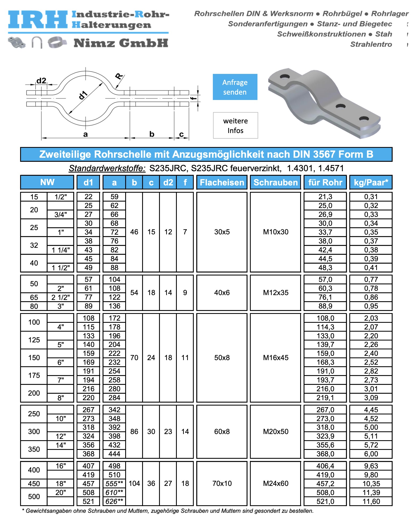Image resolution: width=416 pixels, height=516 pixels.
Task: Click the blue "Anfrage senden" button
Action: [x=235, y=87]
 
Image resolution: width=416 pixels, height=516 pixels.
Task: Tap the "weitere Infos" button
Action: [x=235, y=126]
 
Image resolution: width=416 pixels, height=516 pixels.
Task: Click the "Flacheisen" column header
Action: [x=222, y=182]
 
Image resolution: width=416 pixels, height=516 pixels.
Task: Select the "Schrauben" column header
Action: [x=275, y=182]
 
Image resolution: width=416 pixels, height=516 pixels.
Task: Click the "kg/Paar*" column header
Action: [x=371, y=182]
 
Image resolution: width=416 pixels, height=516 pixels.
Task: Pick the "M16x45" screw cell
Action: [x=275, y=358]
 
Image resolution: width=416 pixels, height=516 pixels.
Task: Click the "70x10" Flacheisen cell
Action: [x=222, y=483]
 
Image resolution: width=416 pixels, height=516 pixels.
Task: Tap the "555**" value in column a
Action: [x=114, y=484]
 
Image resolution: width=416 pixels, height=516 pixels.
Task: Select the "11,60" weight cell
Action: [x=371, y=501]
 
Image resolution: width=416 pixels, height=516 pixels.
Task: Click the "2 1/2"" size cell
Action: [x=61, y=298]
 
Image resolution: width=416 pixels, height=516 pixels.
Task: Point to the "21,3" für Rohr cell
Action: [x=325, y=197]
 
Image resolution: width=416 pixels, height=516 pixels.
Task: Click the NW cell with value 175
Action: [x=34, y=375]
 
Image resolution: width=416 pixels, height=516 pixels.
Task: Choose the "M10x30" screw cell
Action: [x=275, y=232]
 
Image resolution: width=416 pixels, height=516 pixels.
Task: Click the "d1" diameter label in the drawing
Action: [x=83, y=95]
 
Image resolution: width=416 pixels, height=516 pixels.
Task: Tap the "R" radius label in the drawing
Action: [x=119, y=76]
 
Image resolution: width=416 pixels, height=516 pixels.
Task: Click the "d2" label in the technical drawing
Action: [x=41, y=81]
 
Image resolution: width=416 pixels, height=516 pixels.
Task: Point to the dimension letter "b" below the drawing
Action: [x=152, y=134]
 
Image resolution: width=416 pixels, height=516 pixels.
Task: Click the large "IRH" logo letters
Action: [x=38, y=20]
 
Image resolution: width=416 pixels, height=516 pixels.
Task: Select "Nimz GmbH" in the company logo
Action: [x=121, y=43]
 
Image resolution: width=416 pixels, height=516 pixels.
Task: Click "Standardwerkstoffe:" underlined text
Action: [x=107, y=168]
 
